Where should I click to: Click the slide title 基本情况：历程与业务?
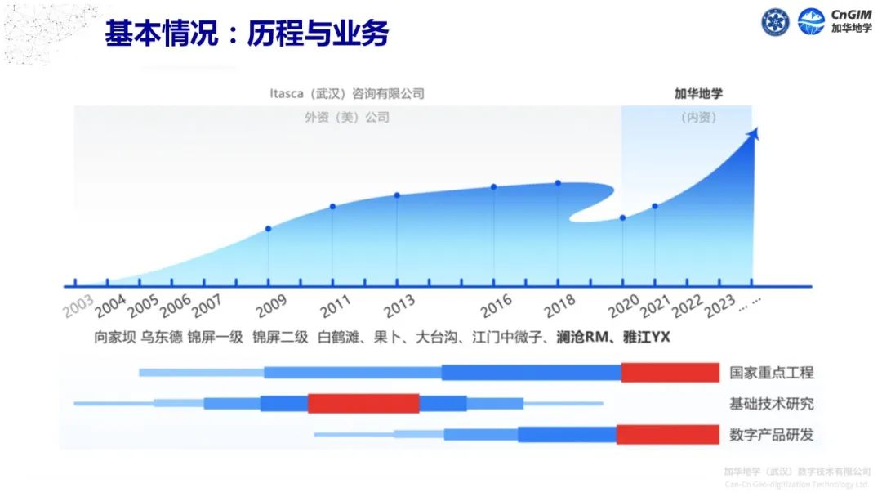246,34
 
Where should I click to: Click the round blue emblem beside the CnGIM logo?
776,22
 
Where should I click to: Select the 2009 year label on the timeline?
270,308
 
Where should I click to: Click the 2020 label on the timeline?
625,306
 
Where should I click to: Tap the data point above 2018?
558,183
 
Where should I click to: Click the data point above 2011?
332,207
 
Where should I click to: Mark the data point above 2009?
268,229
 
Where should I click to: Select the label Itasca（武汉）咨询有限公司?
347,94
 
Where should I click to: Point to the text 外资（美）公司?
347,117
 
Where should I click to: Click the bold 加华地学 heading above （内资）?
698,94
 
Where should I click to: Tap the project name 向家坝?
114,336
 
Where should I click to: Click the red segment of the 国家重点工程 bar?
670,373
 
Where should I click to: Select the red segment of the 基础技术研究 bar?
363,403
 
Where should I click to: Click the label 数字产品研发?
772,434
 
